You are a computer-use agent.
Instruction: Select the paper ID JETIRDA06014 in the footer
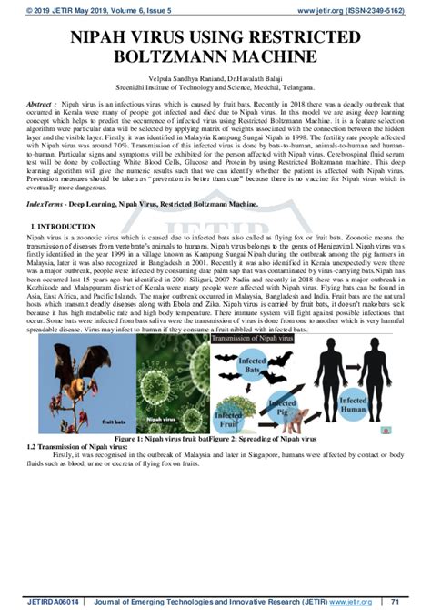29,601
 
